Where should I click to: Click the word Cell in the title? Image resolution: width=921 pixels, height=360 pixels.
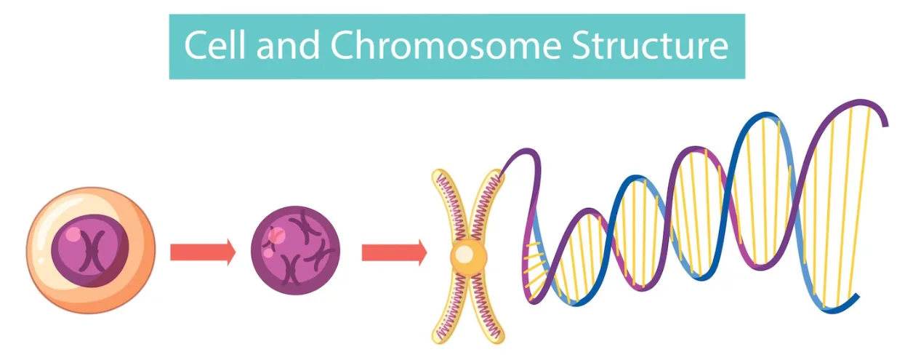(214, 45)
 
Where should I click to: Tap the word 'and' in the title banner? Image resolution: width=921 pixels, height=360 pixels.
(288, 45)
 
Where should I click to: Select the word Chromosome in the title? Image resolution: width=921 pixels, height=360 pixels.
(446, 45)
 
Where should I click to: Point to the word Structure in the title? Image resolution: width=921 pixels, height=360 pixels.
(651, 45)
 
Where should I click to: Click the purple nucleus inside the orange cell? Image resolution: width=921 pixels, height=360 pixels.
(90, 251)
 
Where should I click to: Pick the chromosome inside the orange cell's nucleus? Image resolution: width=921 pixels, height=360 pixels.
(92, 251)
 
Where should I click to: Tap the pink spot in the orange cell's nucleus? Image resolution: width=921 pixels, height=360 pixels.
(73, 235)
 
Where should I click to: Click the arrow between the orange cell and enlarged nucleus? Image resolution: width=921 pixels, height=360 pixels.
(203, 252)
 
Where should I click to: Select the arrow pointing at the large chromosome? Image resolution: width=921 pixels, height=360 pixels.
(395, 252)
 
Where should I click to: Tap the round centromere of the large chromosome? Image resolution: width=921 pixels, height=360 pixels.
(468, 255)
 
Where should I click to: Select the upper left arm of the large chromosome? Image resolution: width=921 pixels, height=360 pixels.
(450, 204)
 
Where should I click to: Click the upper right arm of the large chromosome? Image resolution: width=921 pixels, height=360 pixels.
(486, 204)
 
